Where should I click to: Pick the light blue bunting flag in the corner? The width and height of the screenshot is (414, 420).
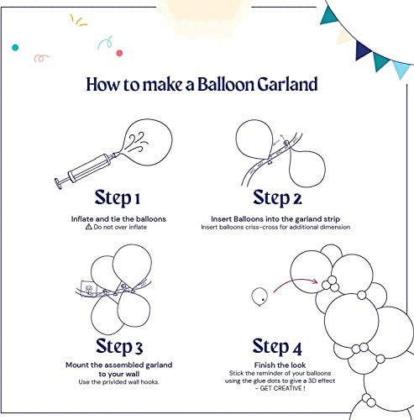[x=401, y=66]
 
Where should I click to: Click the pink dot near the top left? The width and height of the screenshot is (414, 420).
[x=119, y=53]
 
